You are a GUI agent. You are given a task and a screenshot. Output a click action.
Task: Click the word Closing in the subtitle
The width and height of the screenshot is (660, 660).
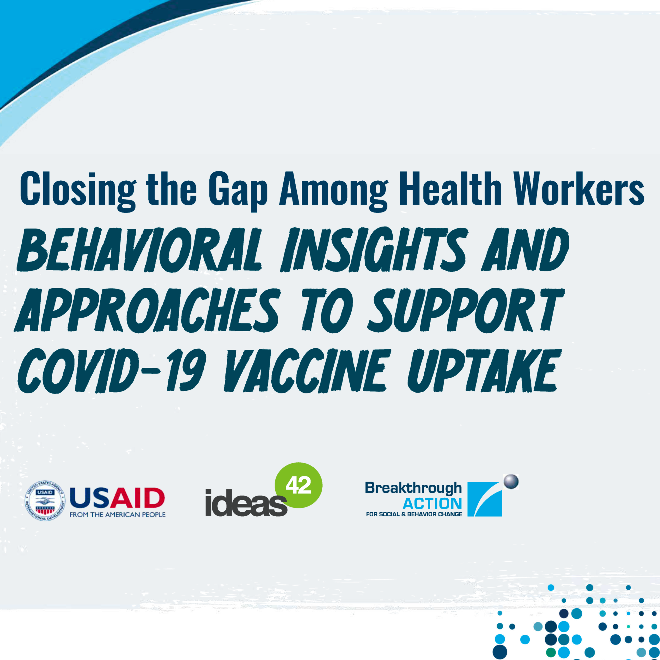click(78, 190)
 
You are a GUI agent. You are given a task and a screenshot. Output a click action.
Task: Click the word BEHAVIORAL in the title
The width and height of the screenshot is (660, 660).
click(139, 250)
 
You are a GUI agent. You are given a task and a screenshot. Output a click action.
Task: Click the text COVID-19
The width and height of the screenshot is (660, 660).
click(111, 370)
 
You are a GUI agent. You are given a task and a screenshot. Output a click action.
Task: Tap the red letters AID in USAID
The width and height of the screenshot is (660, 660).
click(137, 498)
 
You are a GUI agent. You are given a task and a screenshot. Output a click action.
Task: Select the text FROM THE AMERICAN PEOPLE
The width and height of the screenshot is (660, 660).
click(117, 515)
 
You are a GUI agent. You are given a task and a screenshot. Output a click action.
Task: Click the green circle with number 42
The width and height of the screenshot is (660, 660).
click(298, 485)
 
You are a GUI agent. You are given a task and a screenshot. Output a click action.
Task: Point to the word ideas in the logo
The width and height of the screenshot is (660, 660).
click(246, 503)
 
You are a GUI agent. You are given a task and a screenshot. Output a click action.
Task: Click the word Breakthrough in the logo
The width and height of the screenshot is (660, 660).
click(413, 488)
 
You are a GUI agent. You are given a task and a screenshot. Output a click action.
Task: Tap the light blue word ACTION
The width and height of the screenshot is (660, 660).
click(432, 503)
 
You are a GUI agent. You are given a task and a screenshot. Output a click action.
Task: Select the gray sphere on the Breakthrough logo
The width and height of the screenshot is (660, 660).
click(511, 482)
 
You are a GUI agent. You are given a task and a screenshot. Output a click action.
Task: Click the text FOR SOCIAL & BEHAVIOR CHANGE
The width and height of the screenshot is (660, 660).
click(414, 514)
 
